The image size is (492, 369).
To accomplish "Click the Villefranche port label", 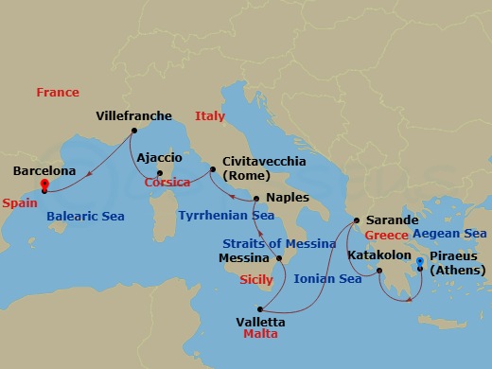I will point(134,116).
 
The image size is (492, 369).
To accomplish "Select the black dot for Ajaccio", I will point(159,173).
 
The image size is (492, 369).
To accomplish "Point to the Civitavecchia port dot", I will point(214,170).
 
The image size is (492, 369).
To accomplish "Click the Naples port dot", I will point(255,198).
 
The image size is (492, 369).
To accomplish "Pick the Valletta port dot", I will point(264,307).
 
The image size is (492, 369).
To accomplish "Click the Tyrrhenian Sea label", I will point(227,216).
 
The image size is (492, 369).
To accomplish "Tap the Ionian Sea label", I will point(328,279).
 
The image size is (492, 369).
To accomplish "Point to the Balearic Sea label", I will point(85,216).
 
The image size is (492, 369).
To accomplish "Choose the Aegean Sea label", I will point(448,233).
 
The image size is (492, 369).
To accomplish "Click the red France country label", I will point(58,93).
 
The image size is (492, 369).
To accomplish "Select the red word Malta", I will point(260,335).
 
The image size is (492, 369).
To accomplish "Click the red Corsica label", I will point(167,183).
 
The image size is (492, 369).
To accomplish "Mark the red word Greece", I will point(386,235).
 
